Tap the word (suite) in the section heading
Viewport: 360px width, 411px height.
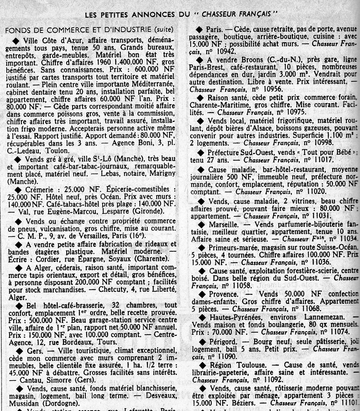[x=165, y=30]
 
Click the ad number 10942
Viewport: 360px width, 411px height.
[x=226, y=51]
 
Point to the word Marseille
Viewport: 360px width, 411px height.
[x=224, y=225]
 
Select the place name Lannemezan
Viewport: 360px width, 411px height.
[x=324, y=317]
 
